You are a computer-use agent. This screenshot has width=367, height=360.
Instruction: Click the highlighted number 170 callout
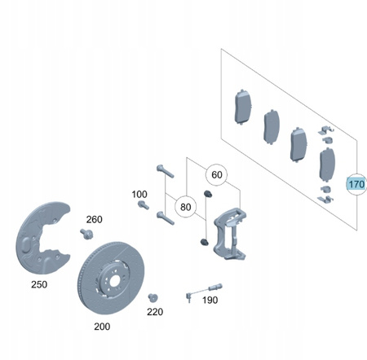[x=356, y=184]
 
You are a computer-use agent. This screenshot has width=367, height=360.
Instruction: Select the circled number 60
[x=217, y=175]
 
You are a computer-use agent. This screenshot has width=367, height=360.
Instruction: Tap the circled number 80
[x=185, y=207]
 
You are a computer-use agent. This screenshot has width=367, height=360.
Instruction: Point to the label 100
[x=139, y=195]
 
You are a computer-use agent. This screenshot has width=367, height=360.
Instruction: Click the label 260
[x=95, y=219]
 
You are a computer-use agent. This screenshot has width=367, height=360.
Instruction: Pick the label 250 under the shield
[x=39, y=284]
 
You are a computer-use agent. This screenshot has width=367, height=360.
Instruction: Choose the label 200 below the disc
[x=102, y=327]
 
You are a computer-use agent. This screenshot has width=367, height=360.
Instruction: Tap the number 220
[x=155, y=312]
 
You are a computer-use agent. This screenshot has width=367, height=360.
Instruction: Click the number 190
[x=210, y=300]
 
